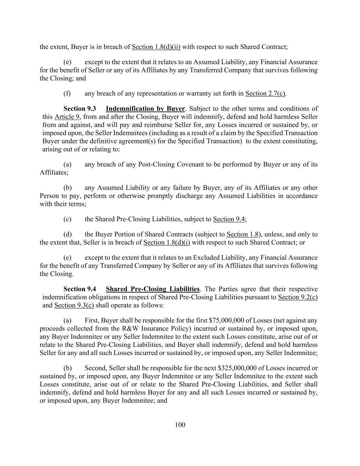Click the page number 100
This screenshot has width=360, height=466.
click(180, 425)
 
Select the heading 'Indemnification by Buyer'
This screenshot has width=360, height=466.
click(145, 109)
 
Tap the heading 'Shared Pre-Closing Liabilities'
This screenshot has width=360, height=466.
click(153, 289)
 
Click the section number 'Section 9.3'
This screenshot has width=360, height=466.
click(80, 109)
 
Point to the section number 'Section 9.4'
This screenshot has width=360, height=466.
click(80, 289)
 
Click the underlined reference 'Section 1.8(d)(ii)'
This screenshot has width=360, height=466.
click(156, 47)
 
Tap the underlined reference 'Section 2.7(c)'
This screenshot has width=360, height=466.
click(265, 94)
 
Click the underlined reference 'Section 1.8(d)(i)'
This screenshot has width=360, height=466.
click(167, 242)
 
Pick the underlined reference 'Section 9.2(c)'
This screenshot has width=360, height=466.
click(298, 297)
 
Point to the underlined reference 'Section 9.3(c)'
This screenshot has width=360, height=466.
click(74, 305)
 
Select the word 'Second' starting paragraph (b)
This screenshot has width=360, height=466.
click(95, 368)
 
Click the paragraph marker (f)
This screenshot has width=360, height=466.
click(67, 94)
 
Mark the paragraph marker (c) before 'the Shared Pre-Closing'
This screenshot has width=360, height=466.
click(67, 219)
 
